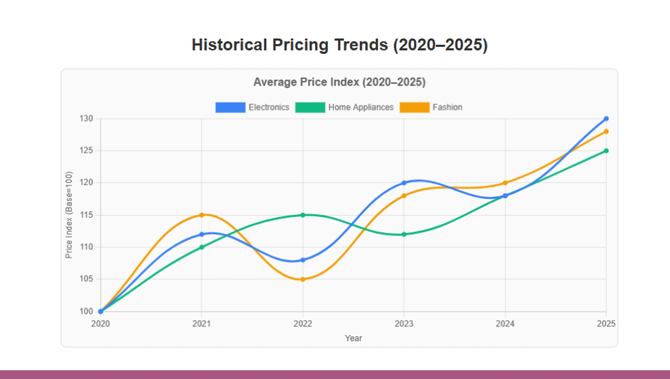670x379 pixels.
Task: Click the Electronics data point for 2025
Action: coord(606,118)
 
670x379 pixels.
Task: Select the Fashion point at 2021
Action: coord(202,215)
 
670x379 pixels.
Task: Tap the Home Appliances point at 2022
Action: coord(303,215)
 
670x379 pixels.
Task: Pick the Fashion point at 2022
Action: coord(303,279)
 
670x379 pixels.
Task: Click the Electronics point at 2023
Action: coord(404,183)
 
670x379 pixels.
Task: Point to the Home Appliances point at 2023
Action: coord(404,234)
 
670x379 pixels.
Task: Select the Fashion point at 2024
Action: coord(505,183)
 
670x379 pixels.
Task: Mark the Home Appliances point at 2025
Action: coord(606,151)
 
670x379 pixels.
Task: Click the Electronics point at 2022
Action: coord(303,260)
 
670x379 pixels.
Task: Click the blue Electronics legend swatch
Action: coord(230,107)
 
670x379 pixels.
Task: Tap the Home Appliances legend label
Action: coord(361,107)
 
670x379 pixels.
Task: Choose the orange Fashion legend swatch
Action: coord(414,107)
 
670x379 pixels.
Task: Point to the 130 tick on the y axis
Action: coord(86,118)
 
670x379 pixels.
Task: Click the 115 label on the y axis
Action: coord(86,215)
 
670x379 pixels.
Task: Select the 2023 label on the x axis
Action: coord(404,324)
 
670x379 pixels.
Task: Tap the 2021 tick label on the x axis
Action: coord(201,324)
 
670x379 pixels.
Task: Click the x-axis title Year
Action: coord(353,338)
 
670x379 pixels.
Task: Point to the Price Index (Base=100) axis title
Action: coord(69,215)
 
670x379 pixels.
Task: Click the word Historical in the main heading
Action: coord(229,45)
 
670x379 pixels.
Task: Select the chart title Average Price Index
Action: coord(339,82)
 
